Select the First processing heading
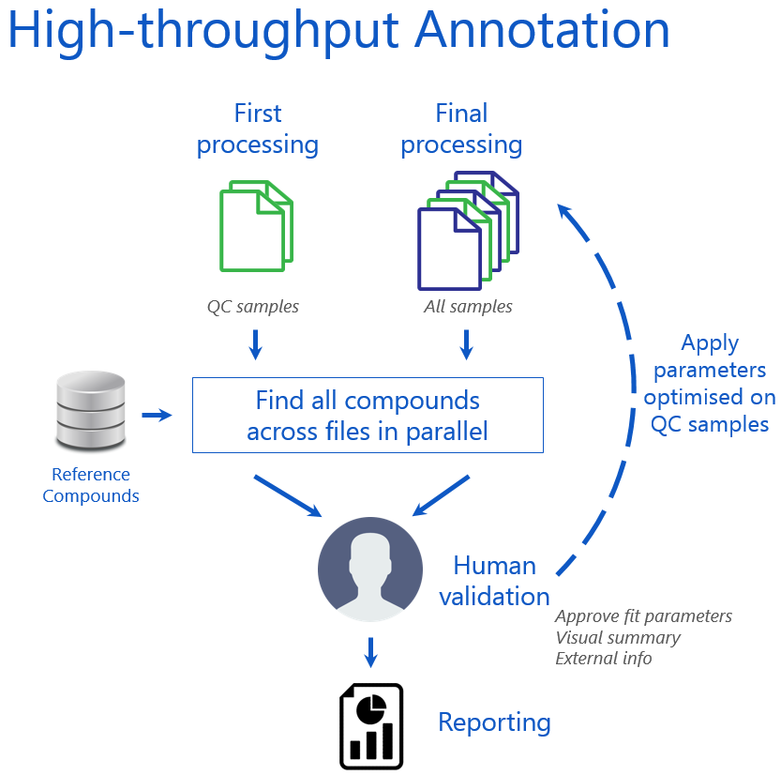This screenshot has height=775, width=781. (x=257, y=129)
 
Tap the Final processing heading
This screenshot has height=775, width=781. (x=461, y=129)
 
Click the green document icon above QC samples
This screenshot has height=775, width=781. (x=256, y=224)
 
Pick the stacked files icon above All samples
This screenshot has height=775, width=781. (x=467, y=231)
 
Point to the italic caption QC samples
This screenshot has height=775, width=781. (x=253, y=307)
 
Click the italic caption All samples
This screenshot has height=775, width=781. (x=469, y=307)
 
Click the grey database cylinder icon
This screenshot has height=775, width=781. (x=91, y=411)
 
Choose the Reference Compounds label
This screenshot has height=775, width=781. (x=91, y=485)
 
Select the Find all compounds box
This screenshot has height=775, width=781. (x=368, y=415)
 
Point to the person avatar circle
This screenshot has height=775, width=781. (x=369, y=569)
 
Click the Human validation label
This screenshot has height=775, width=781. (x=494, y=581)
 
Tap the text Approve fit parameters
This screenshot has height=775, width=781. (x=643, y=616)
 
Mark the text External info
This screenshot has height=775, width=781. (x=603, y=658)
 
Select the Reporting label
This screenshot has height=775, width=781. (x=494, y=722)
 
